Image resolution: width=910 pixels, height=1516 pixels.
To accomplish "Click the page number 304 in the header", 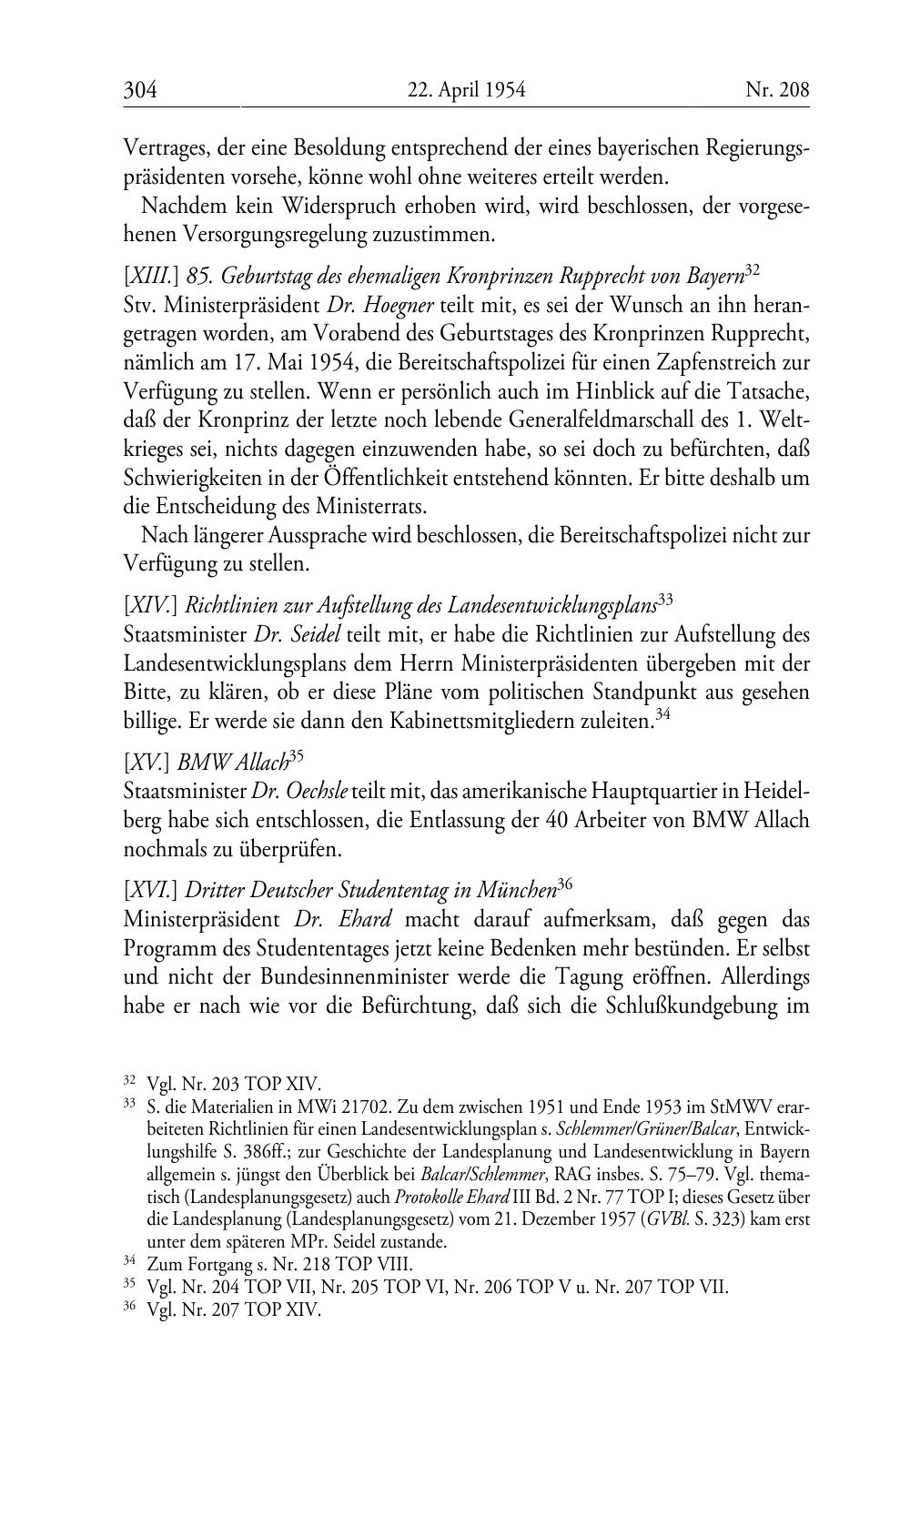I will coord(141,89).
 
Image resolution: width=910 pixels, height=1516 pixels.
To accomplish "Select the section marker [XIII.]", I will coord(151,276).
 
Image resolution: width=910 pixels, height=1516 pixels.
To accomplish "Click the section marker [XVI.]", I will coord(151,889).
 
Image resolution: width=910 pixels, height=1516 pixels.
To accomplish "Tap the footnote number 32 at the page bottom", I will coord(129,1082).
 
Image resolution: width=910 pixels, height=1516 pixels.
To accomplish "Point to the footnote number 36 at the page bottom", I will coord(129,1309).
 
